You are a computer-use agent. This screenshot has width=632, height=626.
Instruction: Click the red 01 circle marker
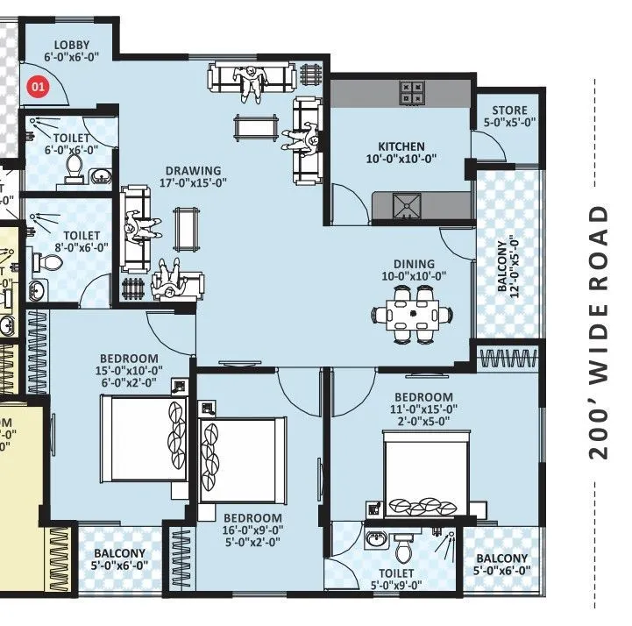38,86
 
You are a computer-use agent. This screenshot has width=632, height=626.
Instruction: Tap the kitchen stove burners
412,91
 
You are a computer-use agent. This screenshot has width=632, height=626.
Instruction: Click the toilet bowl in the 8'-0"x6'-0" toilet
40,261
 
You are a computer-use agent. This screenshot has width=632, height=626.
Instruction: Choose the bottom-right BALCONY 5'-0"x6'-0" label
501,565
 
